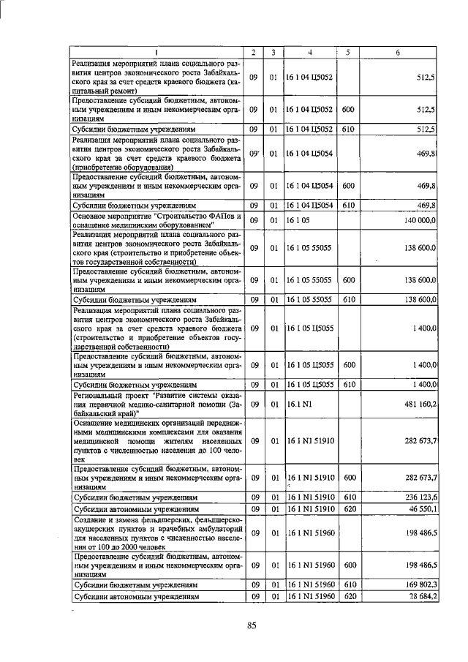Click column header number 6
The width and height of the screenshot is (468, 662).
click(x=398, y=53)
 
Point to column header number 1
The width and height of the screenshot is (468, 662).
click(x=156, y=53)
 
